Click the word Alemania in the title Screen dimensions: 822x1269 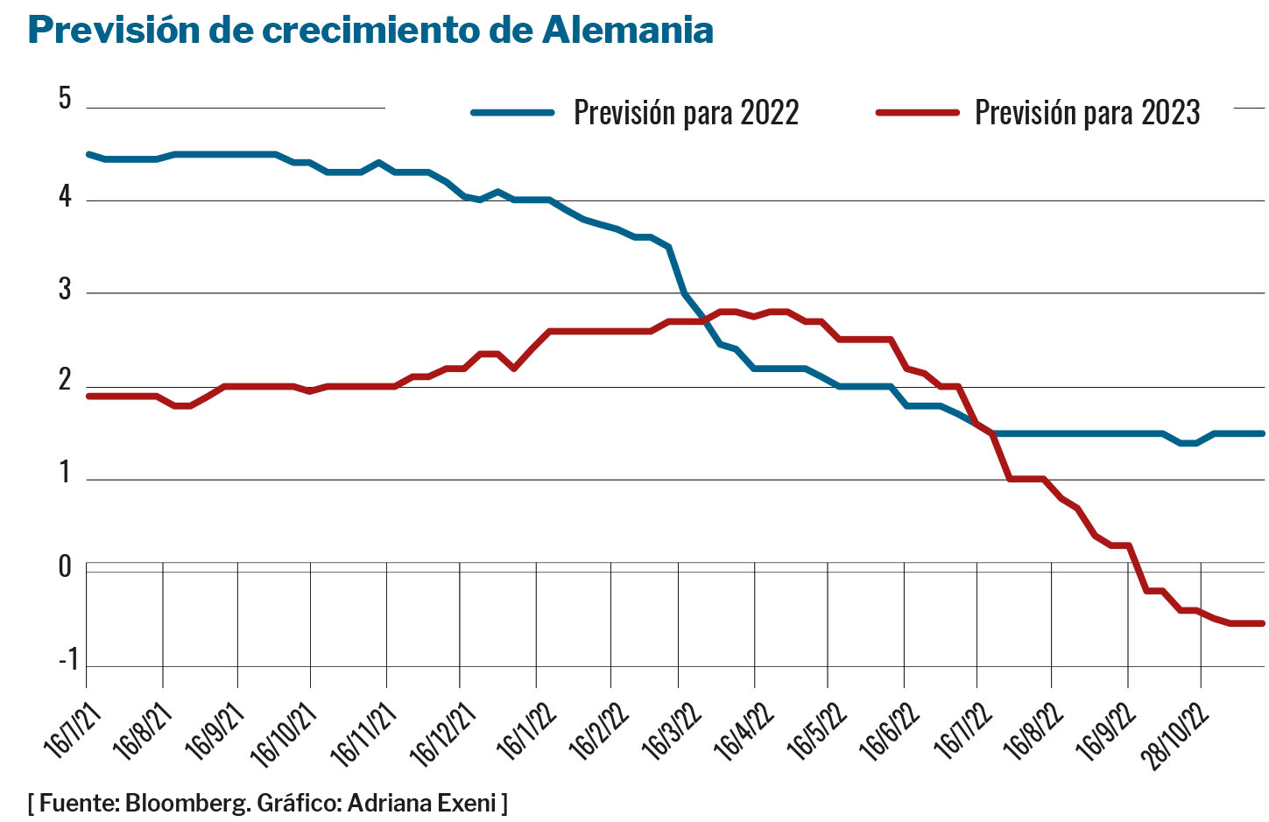tap(627, 31)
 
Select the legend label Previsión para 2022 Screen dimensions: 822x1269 tap(686, 113)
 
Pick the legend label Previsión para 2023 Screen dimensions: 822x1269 tap(1087, 113)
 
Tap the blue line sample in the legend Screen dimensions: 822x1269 tap(513, 113)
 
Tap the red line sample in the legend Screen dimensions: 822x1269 tap(918, 113)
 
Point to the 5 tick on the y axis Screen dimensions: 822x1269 tap(65, 98)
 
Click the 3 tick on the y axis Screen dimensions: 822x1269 tap(65, 289)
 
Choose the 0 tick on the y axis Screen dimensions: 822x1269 tap(65, 567)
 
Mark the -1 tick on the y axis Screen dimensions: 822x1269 tap(68, 659)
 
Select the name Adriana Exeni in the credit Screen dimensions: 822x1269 tap(422, 803)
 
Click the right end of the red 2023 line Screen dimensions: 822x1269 tap(1262, 623)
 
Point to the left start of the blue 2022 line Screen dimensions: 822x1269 tap(88, 154)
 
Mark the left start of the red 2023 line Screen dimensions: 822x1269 tap(88, 396)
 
